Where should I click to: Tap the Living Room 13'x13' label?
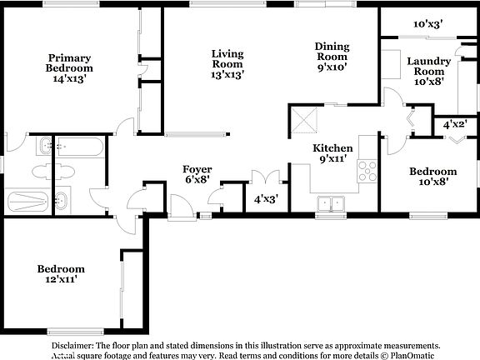226,63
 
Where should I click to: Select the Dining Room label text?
332,57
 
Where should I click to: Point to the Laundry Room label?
428,71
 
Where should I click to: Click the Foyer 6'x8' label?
197,173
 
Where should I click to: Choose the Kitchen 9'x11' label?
332,152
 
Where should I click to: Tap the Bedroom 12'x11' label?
60,274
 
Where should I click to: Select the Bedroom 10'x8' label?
432,177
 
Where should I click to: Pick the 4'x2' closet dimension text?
454,124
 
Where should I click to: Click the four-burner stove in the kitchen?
367,170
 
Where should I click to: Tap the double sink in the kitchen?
332,202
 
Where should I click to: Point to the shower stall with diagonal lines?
27,202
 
